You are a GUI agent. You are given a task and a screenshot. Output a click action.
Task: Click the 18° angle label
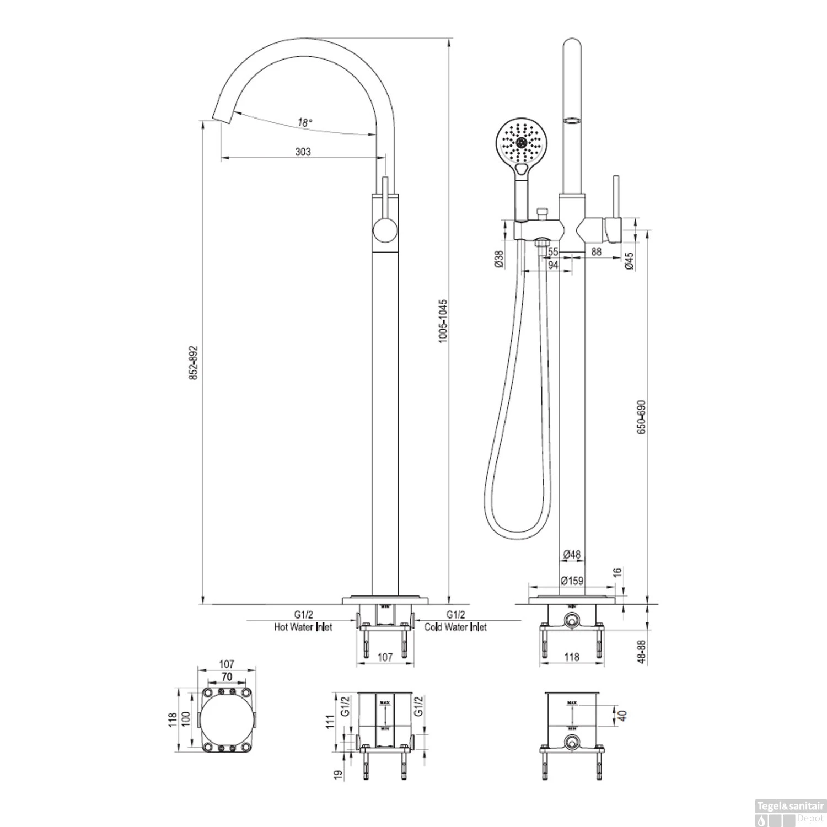305,123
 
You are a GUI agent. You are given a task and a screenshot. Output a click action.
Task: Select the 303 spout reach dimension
303,152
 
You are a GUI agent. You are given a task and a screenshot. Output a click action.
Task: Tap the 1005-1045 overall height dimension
443,321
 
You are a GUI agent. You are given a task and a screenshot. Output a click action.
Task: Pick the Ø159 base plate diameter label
572,581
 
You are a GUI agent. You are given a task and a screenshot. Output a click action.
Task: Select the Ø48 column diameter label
572,555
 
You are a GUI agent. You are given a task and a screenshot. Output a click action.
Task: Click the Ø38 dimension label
498,259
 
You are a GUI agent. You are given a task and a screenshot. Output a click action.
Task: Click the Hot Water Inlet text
303,627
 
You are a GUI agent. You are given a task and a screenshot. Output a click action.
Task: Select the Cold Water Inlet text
455,627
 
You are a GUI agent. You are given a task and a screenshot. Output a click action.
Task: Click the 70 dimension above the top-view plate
227,677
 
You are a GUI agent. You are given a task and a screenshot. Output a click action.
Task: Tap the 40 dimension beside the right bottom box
622,717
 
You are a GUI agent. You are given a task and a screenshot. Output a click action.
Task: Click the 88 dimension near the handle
596,251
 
